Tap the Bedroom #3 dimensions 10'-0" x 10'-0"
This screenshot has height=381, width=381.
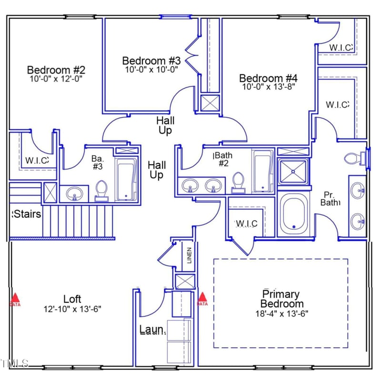click(151, 69)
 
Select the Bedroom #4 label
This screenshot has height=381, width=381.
click(269, 78)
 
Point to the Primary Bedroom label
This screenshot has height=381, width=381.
click(281, 299)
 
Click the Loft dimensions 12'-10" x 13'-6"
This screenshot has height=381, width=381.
click(72, 309)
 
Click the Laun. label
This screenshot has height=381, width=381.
click(152, 329)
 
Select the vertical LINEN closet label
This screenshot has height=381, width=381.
click(189, 256)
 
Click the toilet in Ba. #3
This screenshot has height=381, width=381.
click(101, 190)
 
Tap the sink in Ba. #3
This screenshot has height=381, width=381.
click(74, 193)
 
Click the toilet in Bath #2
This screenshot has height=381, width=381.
click(238, 182)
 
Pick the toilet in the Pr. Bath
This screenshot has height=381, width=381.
click(353, 158)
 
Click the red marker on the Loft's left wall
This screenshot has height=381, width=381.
click(15, 299)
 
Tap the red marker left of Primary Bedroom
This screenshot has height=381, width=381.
click(202, 299)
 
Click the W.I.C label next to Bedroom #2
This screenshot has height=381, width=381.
click(37, 160)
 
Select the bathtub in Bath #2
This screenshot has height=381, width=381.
click(262, 171)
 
